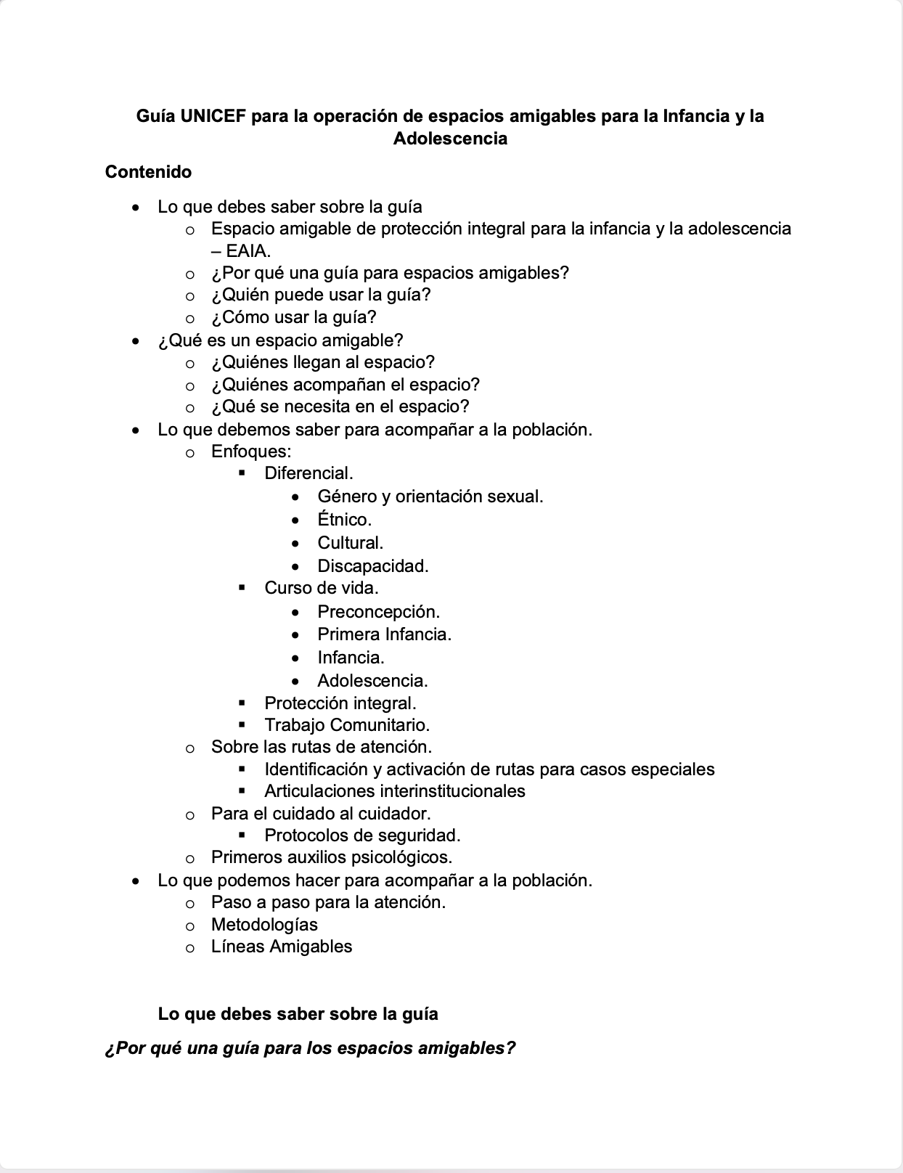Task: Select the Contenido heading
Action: pyautogui.click(x=148, y=172)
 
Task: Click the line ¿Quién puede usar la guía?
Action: pyautogui.click(x=321, y=295)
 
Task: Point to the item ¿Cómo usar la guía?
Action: pyautogui.click(x=293, y=317)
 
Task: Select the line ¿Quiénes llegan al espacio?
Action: pyautogui.click(x=322, y=361)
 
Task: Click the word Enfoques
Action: pyautogui.click(x=250, y=451)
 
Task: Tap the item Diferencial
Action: pyautogui.click(x=309, y=473)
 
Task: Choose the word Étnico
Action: pyautogui.click(x=344, y=520)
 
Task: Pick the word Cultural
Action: pyautogui.click(x=350, y=543)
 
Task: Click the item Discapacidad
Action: pyautogui.click(x=372, y=566)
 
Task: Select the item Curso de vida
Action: pyautogui.click(x=321, y=588)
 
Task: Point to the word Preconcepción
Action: pyautogui.click(x=378, y=612)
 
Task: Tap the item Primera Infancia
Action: pyautogui.click(x=384, y=634)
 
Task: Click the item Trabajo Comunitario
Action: pyautogui.click(x=347, y=725)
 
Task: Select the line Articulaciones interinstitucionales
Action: pyautogui.click(x=394, y=791)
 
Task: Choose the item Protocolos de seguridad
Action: pyautogui.click(x=362, y=835)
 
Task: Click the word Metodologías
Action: pyautogui.click(x=264, y=925)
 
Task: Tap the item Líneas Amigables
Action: pyautogui.click(x=281, y=947)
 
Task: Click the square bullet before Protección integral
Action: pyautogui.click(x=242, y=703)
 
